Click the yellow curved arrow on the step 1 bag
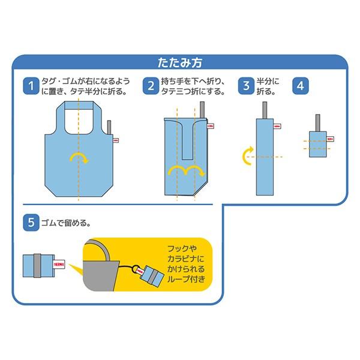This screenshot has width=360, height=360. [78, 157]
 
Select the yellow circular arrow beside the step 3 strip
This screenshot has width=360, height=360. [247, 158]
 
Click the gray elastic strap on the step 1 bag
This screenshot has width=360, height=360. [110, 129]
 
